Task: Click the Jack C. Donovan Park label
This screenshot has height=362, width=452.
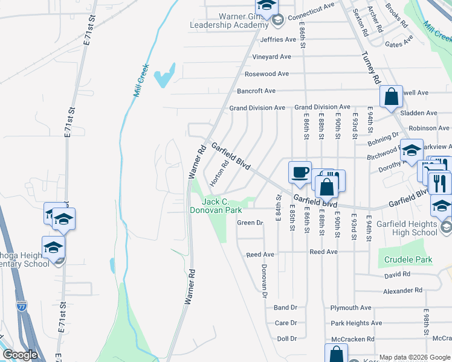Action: (x=216, y=206)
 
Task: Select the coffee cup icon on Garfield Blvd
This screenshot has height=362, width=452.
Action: (x=300, y=173)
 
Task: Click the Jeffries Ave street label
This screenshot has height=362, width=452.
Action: (x=276, y=40)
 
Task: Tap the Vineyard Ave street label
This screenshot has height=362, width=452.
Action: (x=272, y=57)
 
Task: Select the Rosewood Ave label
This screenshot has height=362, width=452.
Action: (x=266, y=74)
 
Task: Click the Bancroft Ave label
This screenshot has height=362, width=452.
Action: (x=256, y=91)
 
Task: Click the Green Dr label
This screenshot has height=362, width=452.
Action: (x=250, y=223)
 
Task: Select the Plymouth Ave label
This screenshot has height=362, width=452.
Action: (x=350, y=308)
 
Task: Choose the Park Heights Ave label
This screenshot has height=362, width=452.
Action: (x=356, y=323)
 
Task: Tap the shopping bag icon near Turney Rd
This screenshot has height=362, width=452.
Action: (x=391, y=96)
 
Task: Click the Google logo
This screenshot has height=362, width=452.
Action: (x=20, y=355)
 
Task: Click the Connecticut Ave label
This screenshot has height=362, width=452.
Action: (x=311, y=13)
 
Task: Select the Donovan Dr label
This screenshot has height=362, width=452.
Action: (x=264, y=281)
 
